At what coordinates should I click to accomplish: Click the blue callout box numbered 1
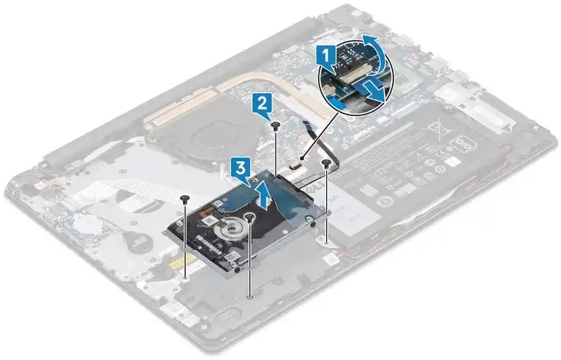click(x=326, y=56)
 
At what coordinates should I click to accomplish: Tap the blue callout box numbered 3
click(x=241, y=169)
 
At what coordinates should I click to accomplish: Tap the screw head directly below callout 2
click(x=275, y=125)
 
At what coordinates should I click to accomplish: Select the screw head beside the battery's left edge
click(x=326, y=163)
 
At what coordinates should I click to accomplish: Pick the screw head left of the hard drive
click(x=184, y=199)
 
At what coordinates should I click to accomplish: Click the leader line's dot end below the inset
click(x=302, y=157)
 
